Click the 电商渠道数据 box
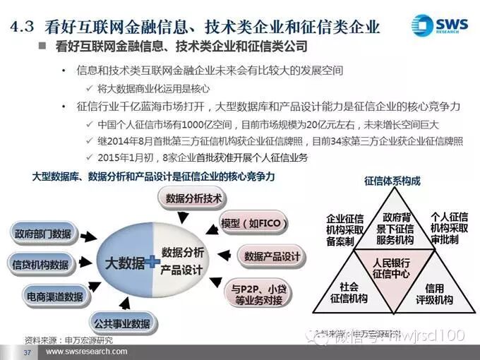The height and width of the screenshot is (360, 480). (x=54, y=296)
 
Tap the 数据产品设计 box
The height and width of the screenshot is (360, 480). (x=272, y=257)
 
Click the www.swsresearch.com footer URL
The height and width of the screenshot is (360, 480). (x=87, y=351)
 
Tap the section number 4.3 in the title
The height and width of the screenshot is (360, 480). (x=23, y=26)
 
